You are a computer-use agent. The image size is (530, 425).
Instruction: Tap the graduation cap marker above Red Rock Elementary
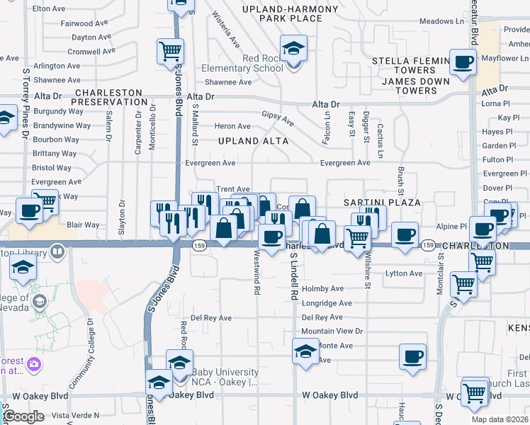pyautogui.click(x=293, y=50)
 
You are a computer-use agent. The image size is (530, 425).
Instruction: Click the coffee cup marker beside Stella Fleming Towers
pyautogui.click(x=463, y=62)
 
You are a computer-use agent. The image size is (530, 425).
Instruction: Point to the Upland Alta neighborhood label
pyautogui.click(x=253, y=141)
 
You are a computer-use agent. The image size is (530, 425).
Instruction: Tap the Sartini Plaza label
pyautogui.click(x=382, y=203)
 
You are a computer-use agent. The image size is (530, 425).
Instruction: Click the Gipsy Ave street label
pyautogui.click(x=278, y=118)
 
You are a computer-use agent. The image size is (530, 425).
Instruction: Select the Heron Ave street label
pyautogui.click(x=232, y=126)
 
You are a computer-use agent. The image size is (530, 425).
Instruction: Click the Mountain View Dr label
pyautogui.click(x=332, y=331)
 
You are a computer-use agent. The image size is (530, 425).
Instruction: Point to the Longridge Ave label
pyautogui.click(x=327, y=303)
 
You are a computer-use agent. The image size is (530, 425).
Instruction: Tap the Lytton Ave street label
pyautogui.click(x=403, y=273)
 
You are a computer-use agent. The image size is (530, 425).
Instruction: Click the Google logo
pyautogui.click(x=23, y=416)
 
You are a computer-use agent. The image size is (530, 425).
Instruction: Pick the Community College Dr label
pyautogui.click(x=91, y=344)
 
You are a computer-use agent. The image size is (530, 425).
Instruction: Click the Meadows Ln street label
pyautogui.click(x=441, y=21)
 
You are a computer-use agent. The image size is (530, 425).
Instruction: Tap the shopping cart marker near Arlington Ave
pyautogui.click(x=171, y=52)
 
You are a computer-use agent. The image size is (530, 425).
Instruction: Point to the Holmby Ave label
pyautogui.click(x=322, y=289)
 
